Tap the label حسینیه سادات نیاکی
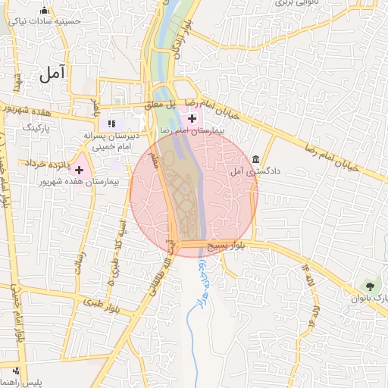[44, 22]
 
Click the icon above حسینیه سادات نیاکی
[44, 11]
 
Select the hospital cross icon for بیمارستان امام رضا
[192, 118]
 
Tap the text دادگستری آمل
[255, 172]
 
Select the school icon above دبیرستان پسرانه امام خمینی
[111, 124]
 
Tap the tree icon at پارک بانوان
[370, 286]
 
